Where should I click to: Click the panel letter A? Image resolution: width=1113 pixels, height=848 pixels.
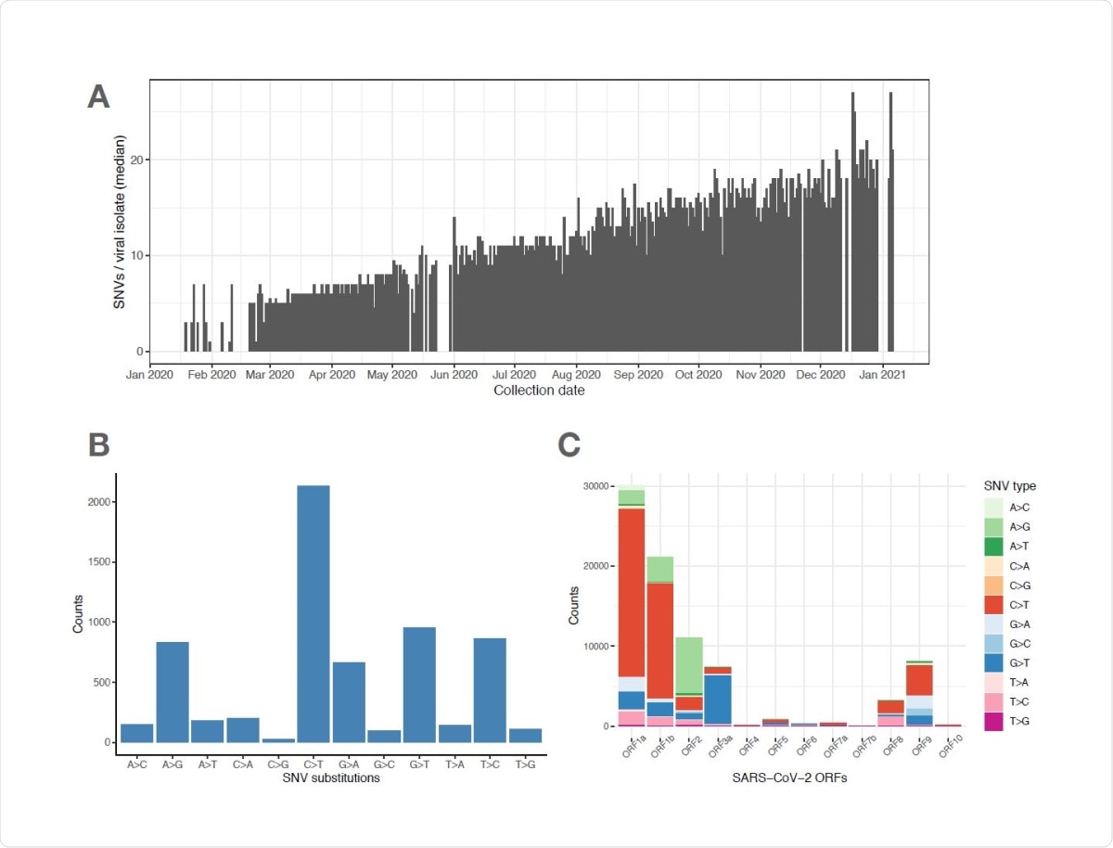tap(99, 96)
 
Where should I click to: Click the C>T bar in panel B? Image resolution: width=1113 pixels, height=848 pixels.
tap(313, 613)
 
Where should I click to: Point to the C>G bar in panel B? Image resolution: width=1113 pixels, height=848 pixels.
tap(277, 739)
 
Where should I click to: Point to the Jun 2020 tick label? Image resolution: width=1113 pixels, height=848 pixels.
tap(454, 375)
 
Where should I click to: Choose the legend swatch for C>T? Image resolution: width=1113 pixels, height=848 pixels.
tap(994, 604)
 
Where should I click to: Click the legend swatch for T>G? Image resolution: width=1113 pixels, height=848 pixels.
tap(994, 721)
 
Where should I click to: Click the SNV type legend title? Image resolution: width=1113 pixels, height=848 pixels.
tap(1010, 486)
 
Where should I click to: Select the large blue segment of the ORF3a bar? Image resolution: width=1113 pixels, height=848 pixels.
tap(717, 699)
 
